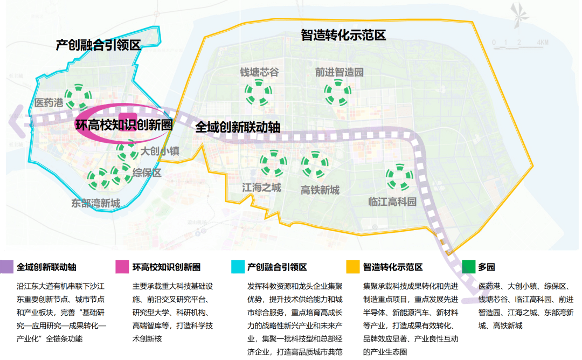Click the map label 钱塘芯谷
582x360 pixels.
(x=259, y=72)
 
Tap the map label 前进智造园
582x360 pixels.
(x=339, y=72)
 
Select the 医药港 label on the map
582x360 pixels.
(x=48, y=103)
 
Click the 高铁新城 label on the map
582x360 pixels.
(x=320, y=190)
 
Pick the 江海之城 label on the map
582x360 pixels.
(x=261, y=188)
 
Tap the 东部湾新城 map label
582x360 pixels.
(x=95, y=203)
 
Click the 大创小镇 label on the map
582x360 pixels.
(x=160, y=151)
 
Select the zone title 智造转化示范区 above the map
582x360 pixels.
(x=343, y=36)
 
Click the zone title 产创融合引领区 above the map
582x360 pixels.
(x=98, y=45)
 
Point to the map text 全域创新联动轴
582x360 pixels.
(x=238, y=127)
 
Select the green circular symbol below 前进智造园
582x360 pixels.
(x=338, y=93)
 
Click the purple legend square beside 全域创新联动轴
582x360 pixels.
(x=8, y=267)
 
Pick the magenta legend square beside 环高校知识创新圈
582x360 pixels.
(x=122, y=267)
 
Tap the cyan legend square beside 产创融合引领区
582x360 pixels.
(x=237, y=267)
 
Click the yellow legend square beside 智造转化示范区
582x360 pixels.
(x=353, y=267)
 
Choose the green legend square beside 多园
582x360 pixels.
(x=468, y=267)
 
